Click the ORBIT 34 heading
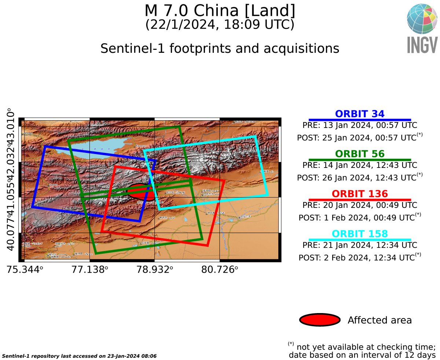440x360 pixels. [360, 114]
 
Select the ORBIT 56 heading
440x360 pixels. [360, 154]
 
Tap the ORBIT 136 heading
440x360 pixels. [360, 194]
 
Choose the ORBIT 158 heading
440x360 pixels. [360, 234]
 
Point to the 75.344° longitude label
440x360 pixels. [25, 270]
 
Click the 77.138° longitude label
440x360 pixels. [90, 270]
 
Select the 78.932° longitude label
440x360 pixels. [155, 270]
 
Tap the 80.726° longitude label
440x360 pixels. [220, 270]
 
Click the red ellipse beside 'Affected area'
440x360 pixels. [320, 320]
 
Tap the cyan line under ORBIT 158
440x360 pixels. [360, 239]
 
